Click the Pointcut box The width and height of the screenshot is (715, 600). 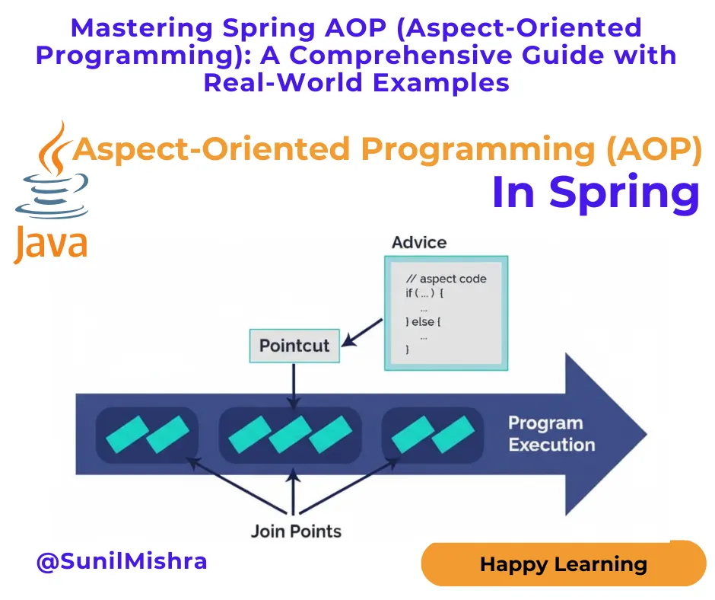294,346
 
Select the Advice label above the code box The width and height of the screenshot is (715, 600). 418,243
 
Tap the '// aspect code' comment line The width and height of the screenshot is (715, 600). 446,279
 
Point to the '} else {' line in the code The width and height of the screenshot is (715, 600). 424,321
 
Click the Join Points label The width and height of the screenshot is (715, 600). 296,531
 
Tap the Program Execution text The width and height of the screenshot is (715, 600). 551,434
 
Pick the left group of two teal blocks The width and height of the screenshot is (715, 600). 147,435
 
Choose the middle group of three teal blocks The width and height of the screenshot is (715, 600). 290,435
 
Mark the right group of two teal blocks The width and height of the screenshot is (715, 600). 432,435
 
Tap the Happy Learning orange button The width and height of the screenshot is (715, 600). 563,564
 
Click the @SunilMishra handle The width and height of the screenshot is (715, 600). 122,562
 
